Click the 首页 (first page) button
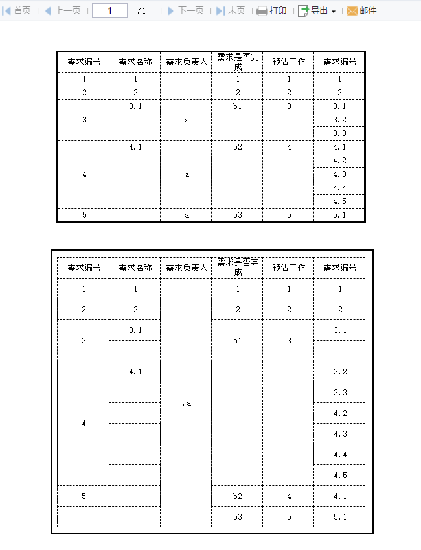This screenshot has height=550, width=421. (17, 11)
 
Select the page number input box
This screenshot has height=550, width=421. (109, 11)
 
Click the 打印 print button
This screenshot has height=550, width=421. (271, 11)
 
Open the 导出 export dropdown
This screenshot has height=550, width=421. (317, 11)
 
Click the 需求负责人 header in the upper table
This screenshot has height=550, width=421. (187, 62)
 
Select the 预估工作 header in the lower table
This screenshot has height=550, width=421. (289, 268)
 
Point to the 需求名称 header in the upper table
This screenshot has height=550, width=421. (135, 62)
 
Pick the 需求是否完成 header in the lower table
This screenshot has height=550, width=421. (238, 267)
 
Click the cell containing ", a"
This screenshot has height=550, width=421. (187, 403)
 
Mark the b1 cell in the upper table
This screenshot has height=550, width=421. (238, 106)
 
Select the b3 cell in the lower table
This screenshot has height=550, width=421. (238, 516)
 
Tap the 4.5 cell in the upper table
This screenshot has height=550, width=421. (339, 201)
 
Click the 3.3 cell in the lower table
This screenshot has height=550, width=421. (340, 393)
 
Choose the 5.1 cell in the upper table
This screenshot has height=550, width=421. (339, 215)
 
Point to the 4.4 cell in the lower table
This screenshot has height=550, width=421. (340, 455)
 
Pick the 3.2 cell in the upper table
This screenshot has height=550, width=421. (339, 120)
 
